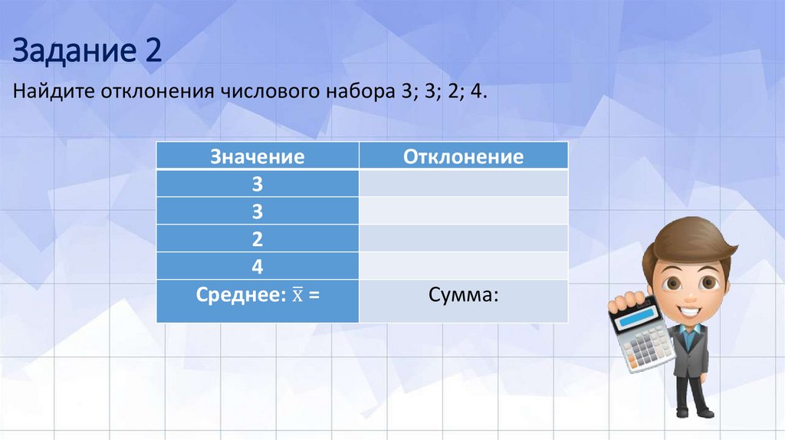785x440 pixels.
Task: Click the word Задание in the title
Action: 71,51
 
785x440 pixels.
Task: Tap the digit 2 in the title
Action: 152,51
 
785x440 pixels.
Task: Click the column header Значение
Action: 258,157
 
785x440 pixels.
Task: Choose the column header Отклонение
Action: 463,157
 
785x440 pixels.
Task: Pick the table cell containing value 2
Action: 258,239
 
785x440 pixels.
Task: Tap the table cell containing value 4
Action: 258,267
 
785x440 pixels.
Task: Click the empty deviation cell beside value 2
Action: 463,239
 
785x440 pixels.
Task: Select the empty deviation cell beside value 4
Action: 463,267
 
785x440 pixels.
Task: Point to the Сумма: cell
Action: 463,296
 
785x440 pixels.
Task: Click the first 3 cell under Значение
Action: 258,184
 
